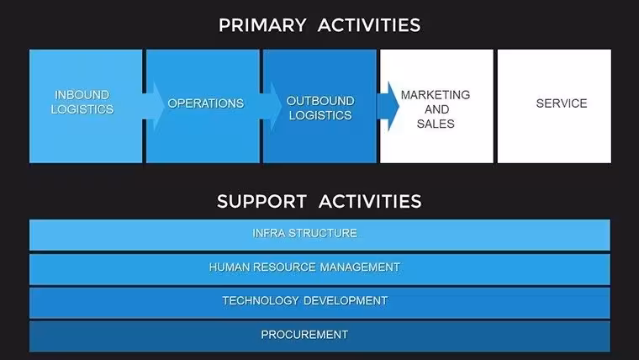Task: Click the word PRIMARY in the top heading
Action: [x=262, y=25]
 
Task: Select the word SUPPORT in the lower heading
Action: [x=261, y=201]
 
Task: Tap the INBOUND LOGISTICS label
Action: [x=82, y=102]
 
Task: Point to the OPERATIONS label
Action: [x=206, y=103]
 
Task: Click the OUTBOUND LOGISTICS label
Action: [x=320, y=108]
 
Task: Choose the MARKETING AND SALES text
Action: [x=436, y=109]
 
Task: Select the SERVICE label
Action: [x=562, y=103]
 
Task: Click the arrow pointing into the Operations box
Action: [x=153, y=106]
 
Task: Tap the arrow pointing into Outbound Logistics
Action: [x=271, y=106]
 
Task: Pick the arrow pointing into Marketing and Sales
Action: [x=388, y=106]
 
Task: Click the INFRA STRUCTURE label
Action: [x=305, y=233]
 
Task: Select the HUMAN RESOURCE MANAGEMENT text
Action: [x=304, y=267]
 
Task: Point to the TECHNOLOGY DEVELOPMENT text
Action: [x=305, y=301]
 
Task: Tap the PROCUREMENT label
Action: [x=304, y=335]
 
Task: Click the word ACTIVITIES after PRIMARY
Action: [x=369, y=25]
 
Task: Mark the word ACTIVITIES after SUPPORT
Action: [x=370, y=201]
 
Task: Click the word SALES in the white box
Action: [x=436, y=124]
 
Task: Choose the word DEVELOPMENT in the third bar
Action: [x=346, y=301]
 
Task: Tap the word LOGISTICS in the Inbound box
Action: [x=82, y=109]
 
